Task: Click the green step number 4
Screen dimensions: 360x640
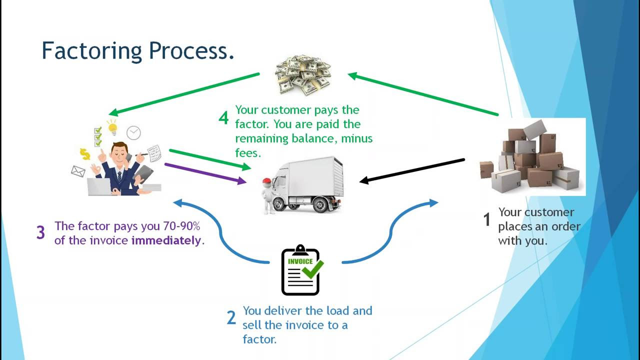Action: [x=223, y=118]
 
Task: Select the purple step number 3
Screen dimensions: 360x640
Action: [x=40, y=232]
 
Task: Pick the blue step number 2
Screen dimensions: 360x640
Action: [x=231, y=317]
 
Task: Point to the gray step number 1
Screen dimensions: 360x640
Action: [x=486, y=219]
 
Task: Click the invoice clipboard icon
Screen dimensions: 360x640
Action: [x=300, y=270]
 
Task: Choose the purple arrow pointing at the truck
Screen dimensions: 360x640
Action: [x=205, y=173]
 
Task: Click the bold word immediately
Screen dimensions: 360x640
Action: [x=166, y=240]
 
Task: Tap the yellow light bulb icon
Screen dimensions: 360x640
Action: [x=112, y=127]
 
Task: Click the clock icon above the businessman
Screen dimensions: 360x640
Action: [x=133, y=132]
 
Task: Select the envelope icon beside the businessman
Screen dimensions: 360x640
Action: [x=78, y=171]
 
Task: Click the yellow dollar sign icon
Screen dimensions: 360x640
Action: [x=85, y=154]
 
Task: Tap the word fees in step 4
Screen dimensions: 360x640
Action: [x=248, y=152]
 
